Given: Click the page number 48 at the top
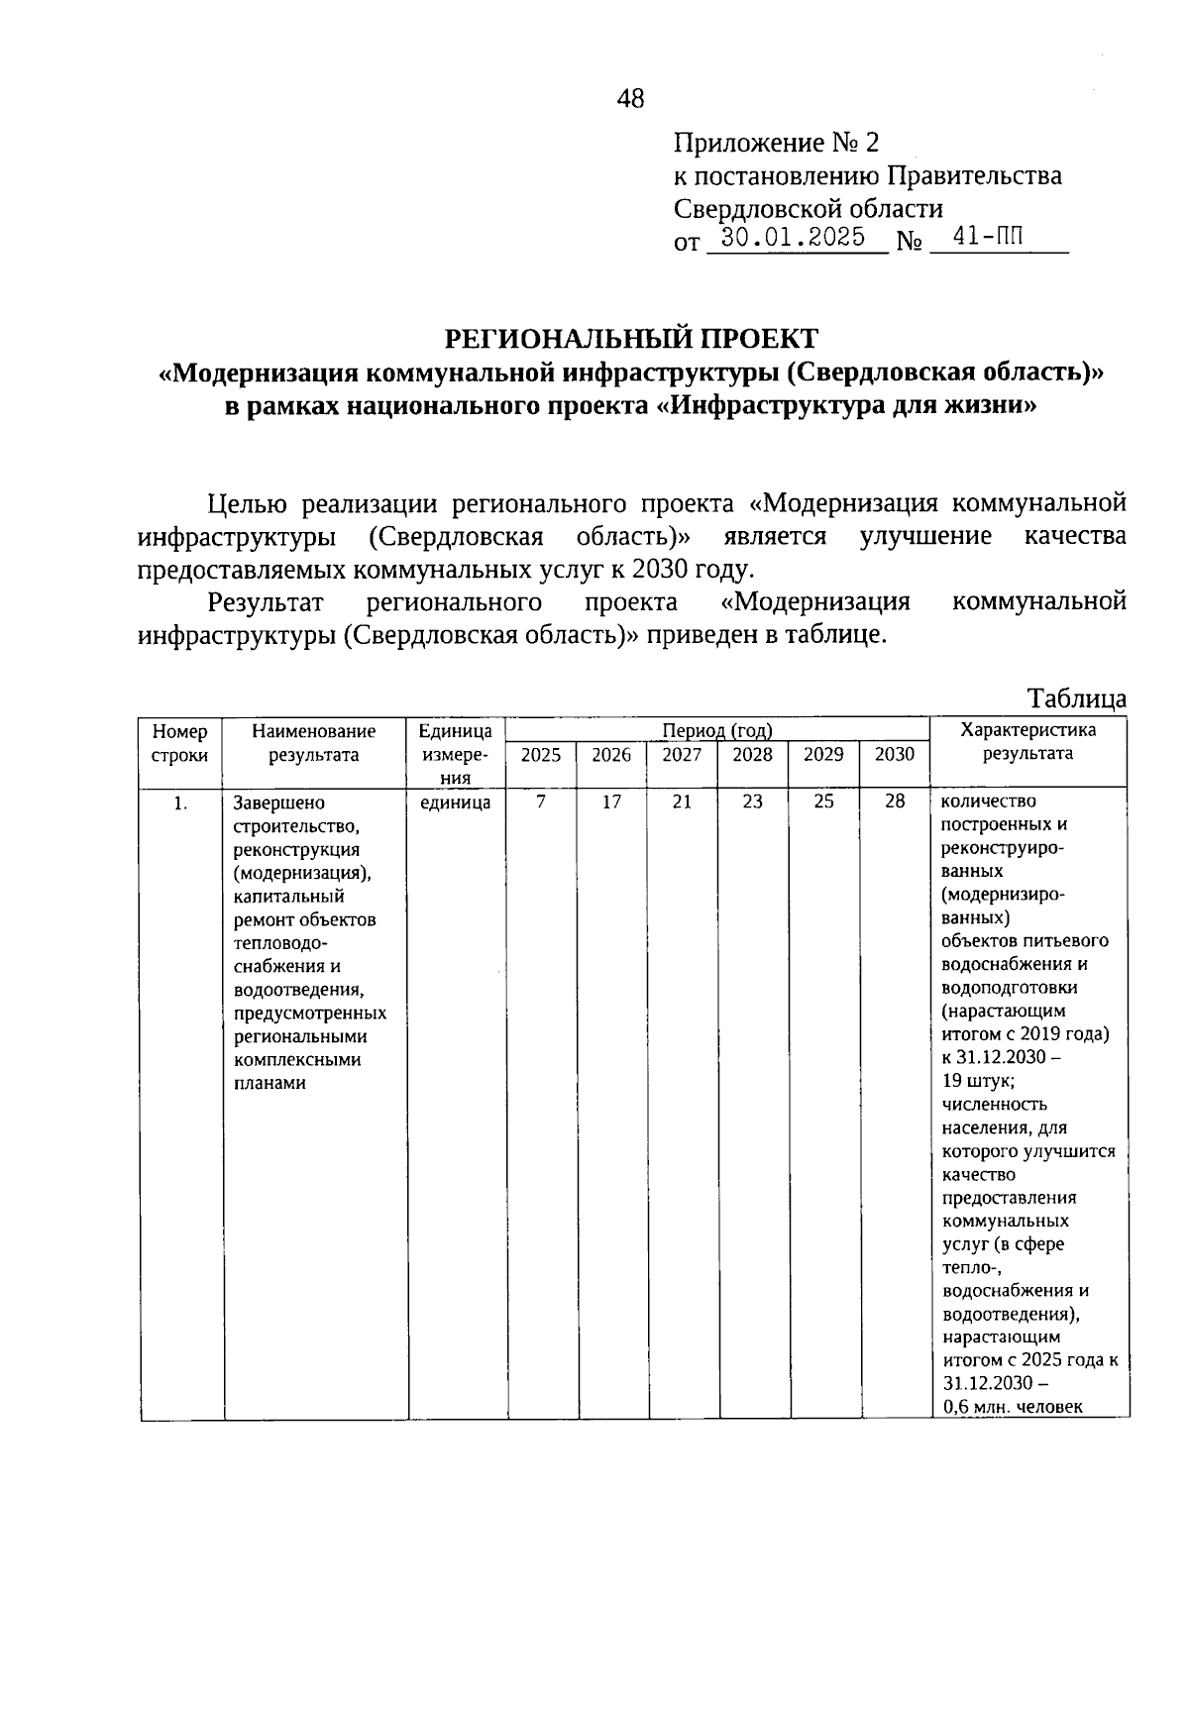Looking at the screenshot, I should tap(630, 98).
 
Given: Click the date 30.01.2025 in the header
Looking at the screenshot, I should tap(793, 239).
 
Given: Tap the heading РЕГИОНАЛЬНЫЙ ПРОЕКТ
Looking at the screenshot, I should tap(631, 339).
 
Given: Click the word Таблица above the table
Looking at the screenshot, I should tap(1077, 698).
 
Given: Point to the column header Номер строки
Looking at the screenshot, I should tap(180, 743).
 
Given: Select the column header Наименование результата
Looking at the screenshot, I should tap(314, 743).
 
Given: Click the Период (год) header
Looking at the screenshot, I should tap(717, 731).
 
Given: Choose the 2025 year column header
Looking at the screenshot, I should tap(541, 755).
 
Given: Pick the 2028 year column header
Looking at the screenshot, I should tap(753, 755).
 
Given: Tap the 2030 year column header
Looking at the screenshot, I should tap(895, 755).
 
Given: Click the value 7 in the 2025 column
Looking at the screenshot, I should tap(541, 802).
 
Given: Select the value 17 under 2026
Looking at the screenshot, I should tap(611, 802).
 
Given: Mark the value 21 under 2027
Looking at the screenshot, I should tap(682, 802).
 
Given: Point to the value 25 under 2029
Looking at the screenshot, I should tap(823, 802).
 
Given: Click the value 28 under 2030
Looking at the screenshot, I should tap(895, 802).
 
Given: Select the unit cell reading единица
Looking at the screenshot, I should tap(456, 802).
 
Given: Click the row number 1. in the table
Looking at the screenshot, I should tap(180, 803).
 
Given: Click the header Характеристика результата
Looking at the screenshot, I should tap(1028, 742).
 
